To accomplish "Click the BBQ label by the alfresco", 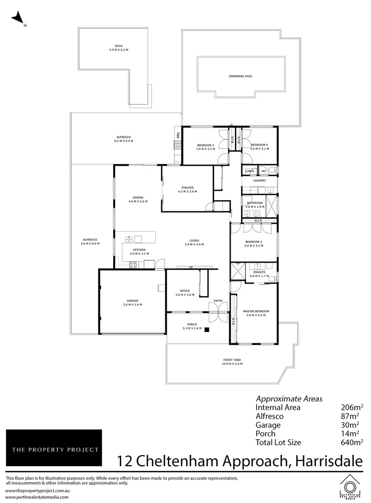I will [x=178, y=136].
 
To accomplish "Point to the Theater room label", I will [x=187, y=188].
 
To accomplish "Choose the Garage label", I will [x=132, y=300].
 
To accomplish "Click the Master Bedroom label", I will [x=256, y=311].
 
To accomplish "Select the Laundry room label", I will [x=259, y=180].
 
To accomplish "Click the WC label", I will [x=263, y=171].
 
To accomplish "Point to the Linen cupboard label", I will [x=249, y=171].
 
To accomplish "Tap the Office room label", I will [x=185, y=291].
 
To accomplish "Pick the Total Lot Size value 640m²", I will [x=352, y=442].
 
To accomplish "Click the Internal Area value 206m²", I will [x=352, y=407].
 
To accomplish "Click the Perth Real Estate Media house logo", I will [x=349, y=487].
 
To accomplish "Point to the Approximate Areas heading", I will [x=289, y=399].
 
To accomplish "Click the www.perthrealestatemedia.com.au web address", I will [x=37, y=497].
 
